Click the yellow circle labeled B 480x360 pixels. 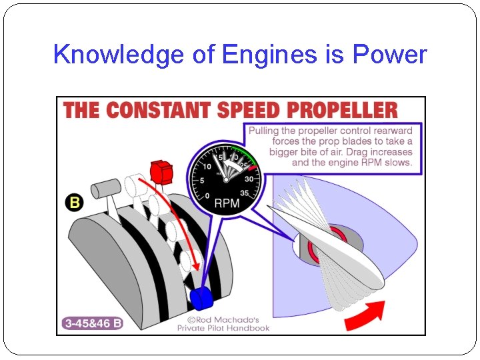pyautogui.click(x=74, y=203)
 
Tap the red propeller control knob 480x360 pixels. pyautogui.click(x=162, y=171)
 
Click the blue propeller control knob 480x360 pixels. pyautogui.click(x=201, y=297)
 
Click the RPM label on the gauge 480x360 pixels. pyautogui.click(x=226, y=203)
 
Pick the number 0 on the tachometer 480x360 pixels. pyautogui.click(x=207, y=195)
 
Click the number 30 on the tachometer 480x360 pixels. pyautogui.click(x=249, y=179)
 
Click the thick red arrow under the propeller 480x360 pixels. pyautogui.click(x=365, y=315)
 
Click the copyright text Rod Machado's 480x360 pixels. pyautogui.click(x=223, y=319)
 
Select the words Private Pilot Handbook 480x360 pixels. pyautogui.click(x=223, y=327)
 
